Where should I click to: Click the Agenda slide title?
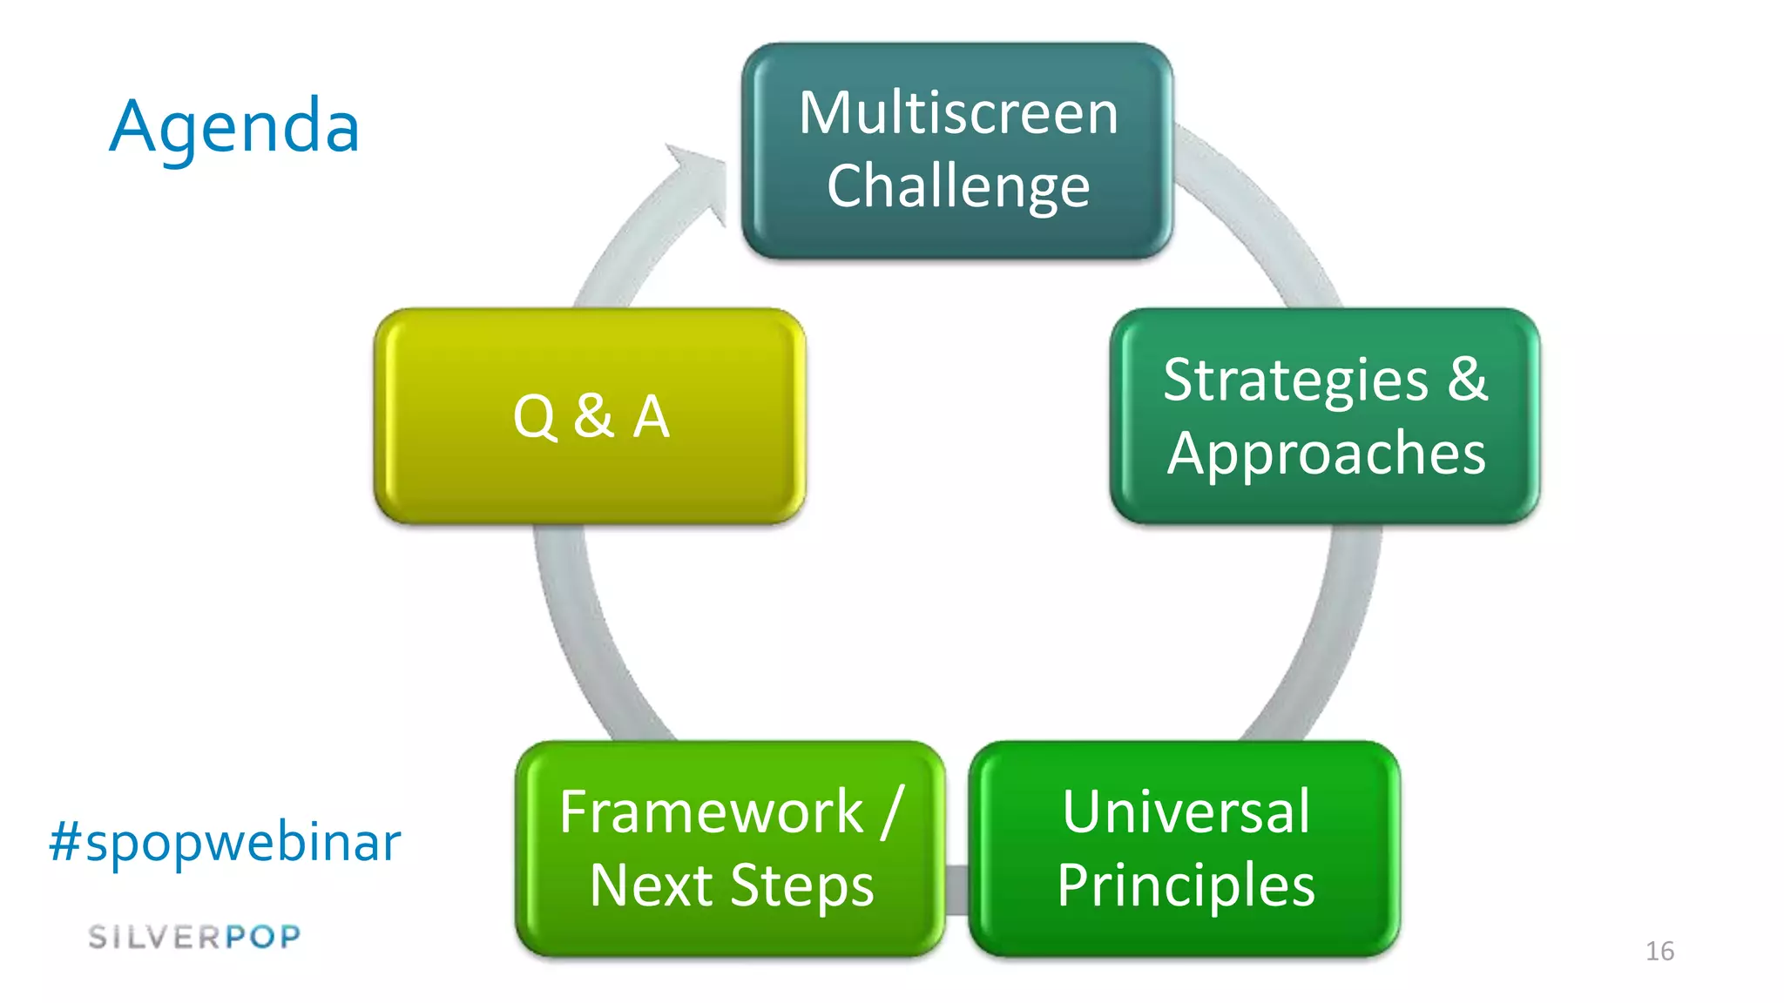point(234,127)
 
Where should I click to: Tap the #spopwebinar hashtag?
point(225,842)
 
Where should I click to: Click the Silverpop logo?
point(194,937)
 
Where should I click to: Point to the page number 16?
point(1659,951)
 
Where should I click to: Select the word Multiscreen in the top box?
point(958,113)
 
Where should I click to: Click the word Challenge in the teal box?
point(958,186)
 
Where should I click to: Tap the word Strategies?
point(1295,380)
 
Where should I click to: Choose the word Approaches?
point(1326,454)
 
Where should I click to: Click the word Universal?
point(1186,811)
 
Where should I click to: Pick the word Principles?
point(1186,885)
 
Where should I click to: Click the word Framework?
point(711,811)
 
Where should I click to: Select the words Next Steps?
point(732,885)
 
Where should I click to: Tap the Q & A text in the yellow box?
point(591,416)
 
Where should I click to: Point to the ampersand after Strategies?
point(1468,380)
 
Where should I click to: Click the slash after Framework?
point(892,811)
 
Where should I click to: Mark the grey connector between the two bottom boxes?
point(956,890)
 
